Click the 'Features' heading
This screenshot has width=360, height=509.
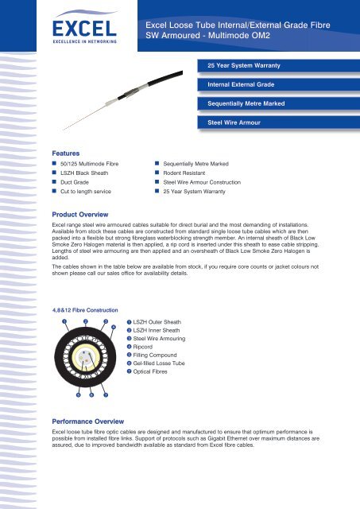pos(67,150)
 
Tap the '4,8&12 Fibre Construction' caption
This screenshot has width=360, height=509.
pos(85,309)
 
